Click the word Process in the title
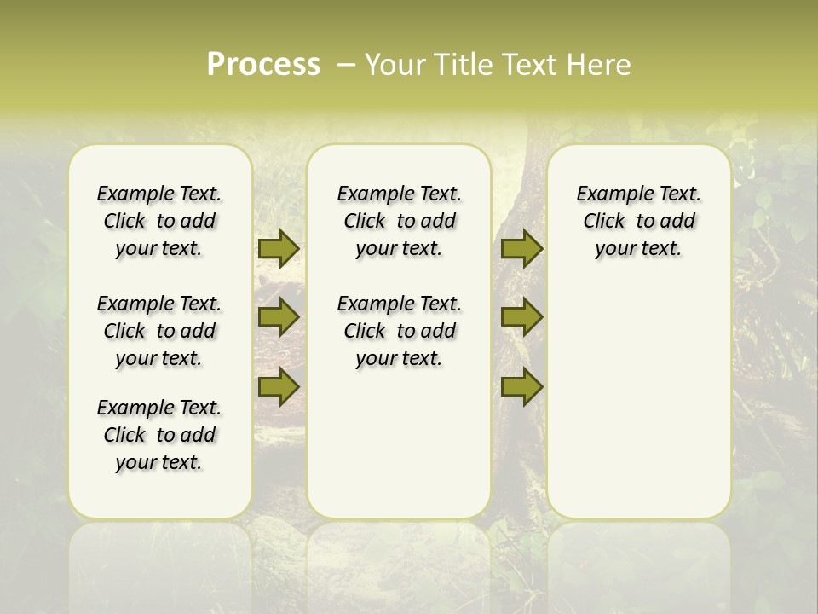(x=263, y=65)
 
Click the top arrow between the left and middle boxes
(x=278, y=248)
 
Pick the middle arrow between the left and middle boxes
(x=278, y=317)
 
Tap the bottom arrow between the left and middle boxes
(x=278, y=386)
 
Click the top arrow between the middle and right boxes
(x=521, y=248)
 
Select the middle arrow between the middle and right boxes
(x=521, y=317)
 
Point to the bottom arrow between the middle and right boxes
(x=521, y=386)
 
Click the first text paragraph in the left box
(x=159, y=221)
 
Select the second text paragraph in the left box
(x=159, y=331)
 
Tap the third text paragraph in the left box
(x=159, y=435)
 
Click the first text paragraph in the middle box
(x=399, y=221)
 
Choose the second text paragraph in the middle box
(x=399, y=331)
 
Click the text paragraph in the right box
(x=638, y=221)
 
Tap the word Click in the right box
(x=604, y=222)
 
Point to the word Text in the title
(x=529, y=65)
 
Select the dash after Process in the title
(x=346, y=65)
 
